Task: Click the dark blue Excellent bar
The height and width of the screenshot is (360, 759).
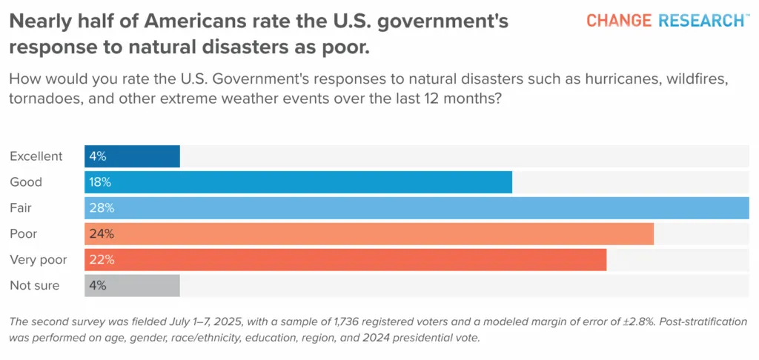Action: tap(132, 156)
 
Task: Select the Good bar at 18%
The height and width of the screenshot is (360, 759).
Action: tap(298, 182)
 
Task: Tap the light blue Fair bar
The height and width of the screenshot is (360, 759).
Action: tap(417, 208)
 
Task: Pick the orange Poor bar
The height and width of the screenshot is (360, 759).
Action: tap(369, 234)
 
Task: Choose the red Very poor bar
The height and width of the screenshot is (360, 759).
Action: tap(345, 260)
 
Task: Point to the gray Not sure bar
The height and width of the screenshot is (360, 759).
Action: tap(132, 285)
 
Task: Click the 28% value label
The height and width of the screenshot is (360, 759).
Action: tap(102, 209)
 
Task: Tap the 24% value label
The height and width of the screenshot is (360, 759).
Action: tap(102, 234)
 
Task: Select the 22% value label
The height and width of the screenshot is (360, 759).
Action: tap(102, 260)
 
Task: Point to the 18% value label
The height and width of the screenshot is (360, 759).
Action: tap(100, 182)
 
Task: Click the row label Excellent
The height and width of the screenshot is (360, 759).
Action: tap(36, 156)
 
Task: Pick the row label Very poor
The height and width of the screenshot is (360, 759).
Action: tap(39, 260)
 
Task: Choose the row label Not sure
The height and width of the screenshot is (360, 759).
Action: tap(35, 285)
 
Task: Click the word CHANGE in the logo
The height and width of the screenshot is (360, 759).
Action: tap(619, 20)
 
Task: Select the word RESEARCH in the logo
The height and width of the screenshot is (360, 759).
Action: tap(701, 20)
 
